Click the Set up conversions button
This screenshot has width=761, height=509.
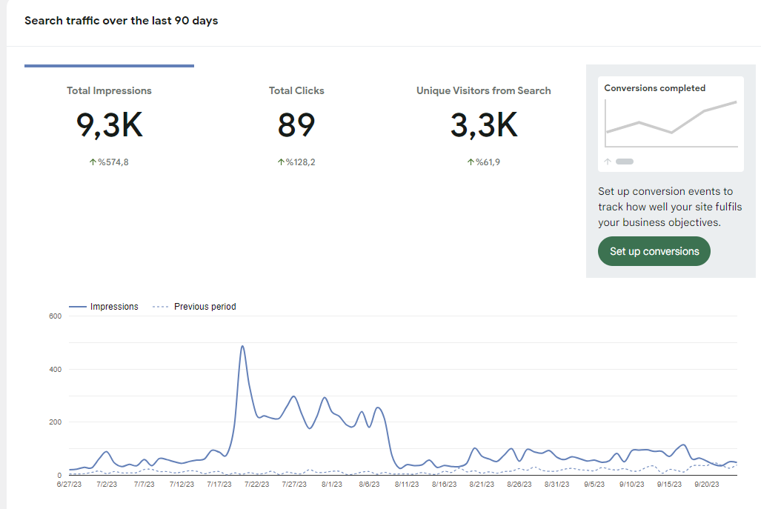click(654, 251)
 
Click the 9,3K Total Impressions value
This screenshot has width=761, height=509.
click(109, 125)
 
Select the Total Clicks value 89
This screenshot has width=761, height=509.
click(296, 125)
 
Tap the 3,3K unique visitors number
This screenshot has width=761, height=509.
click(484, 125)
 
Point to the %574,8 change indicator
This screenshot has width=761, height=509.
click(109, 162)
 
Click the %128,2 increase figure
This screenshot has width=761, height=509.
click(296, 162)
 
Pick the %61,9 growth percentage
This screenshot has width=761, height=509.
click(483, 162)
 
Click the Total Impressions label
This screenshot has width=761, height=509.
click(109, 90)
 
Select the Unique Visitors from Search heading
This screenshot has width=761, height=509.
click(483, 90)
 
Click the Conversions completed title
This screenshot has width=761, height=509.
click(655, 88)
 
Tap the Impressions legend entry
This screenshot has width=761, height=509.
click(104, 307)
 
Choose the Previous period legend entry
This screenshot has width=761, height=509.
click(194, 307)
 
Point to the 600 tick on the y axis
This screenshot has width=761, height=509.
click(56, 316)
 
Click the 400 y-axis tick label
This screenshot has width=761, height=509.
click(56, 369)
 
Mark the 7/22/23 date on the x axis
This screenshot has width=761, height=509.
click(256, 485)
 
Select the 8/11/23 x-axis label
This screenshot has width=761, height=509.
click(407, 485)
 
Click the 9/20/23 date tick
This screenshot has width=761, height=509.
click(707, 485)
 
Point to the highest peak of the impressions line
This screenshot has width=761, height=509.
click(242, 346)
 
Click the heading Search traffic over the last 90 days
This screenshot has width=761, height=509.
click(122, 21)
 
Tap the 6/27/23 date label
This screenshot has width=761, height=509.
click(69, 485)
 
